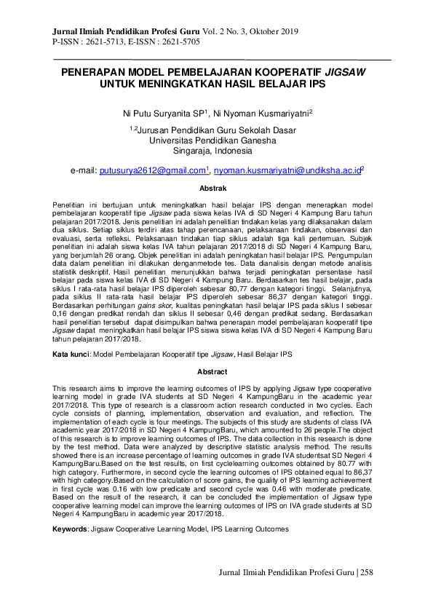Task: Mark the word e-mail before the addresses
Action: point(83,170)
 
